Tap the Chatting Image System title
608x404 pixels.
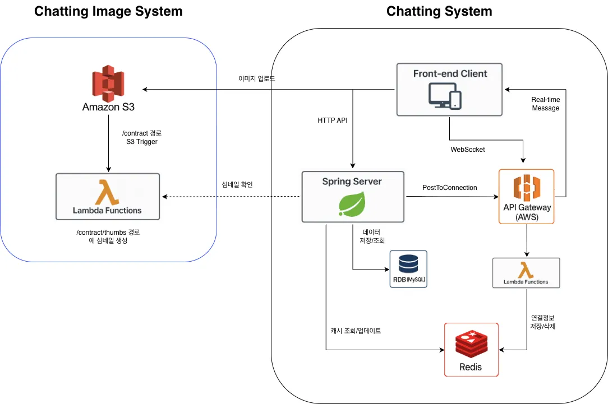(x=108, y=11)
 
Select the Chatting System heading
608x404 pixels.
(x=439, y=11)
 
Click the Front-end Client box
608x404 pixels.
(x=449, y=89)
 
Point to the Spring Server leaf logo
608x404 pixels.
(x=352, y=203)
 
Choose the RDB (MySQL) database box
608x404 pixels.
(x=408, y=269)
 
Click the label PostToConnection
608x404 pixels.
(x=450, y=188)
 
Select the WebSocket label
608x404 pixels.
(x=468, y=150)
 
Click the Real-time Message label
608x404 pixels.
(x=546, y=104)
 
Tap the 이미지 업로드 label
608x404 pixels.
(x=256, y=79)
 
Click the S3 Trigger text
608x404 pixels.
(x=142, y=142)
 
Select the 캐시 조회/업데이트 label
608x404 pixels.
(x=356, y=331)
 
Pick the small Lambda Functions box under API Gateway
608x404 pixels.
(x=526, y=273)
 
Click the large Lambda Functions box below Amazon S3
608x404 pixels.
(x=108, y=196)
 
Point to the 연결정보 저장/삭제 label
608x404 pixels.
(x=543, y=322)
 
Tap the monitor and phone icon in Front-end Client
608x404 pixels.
(x=445, y=95)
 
